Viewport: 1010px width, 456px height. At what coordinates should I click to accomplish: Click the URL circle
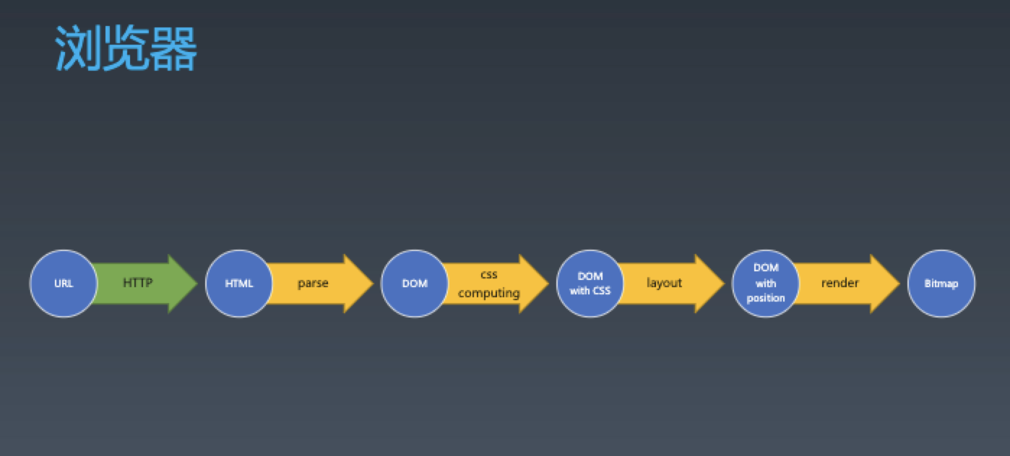tap(64, 284)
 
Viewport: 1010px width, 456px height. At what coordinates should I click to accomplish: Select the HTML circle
tap(239, 284)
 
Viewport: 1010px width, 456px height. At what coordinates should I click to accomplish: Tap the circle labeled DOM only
tap(415, 284)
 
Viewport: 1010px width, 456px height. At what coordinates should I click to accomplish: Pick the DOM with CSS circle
tap(590, 284)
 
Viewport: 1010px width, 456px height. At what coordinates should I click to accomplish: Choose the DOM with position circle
tap(766, 284)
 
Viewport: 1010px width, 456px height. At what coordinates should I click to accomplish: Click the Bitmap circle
tap(941, 284)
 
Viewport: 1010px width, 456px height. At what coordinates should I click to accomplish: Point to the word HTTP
tap(137, 283)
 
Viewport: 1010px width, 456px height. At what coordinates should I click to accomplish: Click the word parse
tap(313, 283)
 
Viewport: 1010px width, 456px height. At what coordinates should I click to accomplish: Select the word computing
tap(489, 293)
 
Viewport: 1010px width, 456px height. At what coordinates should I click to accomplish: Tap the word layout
tap(664, 283)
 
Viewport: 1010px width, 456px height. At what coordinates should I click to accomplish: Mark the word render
tap(839, 283)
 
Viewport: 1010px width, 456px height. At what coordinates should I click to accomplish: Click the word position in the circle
tap(766, 298)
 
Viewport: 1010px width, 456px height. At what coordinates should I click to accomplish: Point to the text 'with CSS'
tap(590, 291)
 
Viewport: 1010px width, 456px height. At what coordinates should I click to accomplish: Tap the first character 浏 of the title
tap(77, 49)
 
